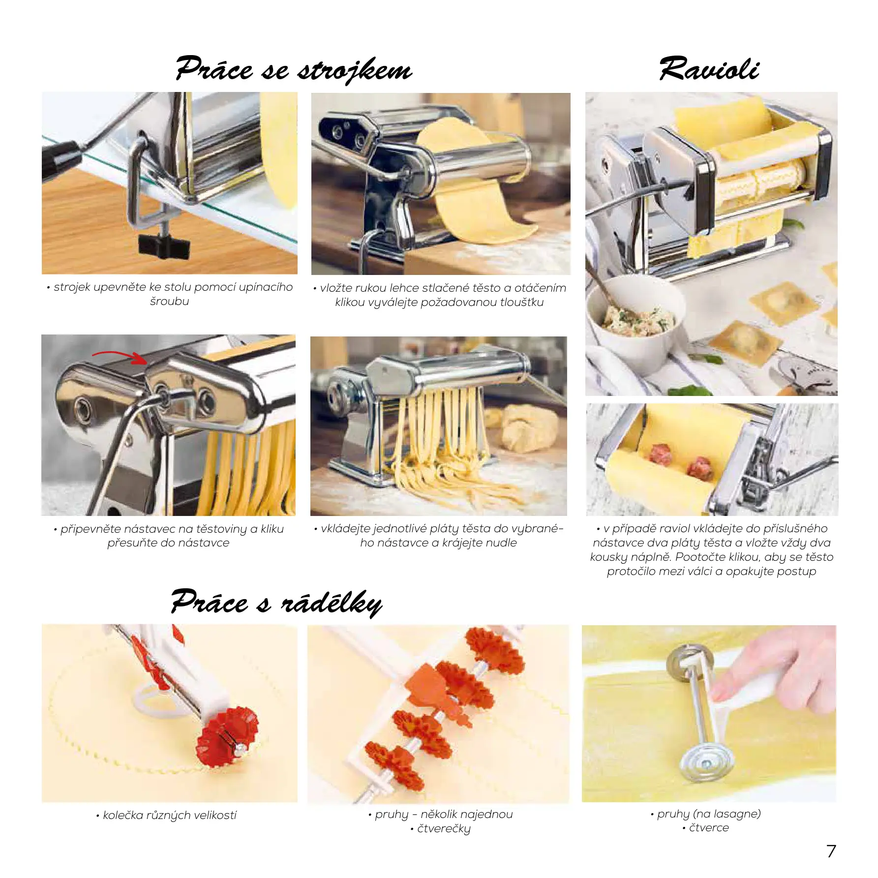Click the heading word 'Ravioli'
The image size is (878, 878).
tap(709, 69)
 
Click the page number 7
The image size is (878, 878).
tap(831, 851)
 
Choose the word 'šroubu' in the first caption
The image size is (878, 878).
tap(169, 301)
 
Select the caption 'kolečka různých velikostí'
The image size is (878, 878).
tap(169, 816)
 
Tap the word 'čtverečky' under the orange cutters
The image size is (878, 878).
tap(444, 829)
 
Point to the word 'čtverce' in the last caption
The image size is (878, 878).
tap(709, 828)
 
